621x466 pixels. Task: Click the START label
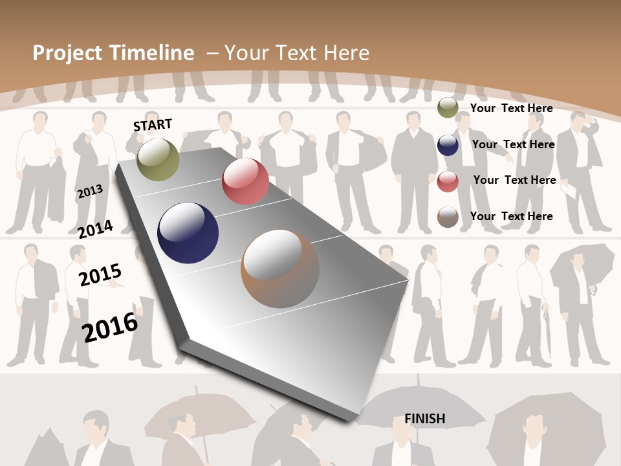(x=153, y=125)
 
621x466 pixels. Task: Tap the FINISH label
(x=425, y=419)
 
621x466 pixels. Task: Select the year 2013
(x=90, y=192)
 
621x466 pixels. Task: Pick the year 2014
(x=95, y=229)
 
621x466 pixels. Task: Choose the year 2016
(x=110, y=327)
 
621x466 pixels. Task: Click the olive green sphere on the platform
(x=158, y=159)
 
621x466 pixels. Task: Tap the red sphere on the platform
(x=245, y=181)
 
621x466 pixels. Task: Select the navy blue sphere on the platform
(x=188, y=233)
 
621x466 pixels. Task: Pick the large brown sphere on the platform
(x=280, y=269)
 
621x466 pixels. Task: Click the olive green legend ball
(x=448, y=107)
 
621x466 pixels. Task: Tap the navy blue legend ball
(x=448, y=144)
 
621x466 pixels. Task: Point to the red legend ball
(x=448, y=181)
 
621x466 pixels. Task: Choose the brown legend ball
(x=448, y=217)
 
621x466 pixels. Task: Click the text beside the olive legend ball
(x=511, y=108)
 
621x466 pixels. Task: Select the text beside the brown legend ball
(x=511, y=216)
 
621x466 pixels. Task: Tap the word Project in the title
(x=68, y=53)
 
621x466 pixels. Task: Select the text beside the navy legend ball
(x=513, y=144)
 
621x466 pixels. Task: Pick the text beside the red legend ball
(x=514, y=180)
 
